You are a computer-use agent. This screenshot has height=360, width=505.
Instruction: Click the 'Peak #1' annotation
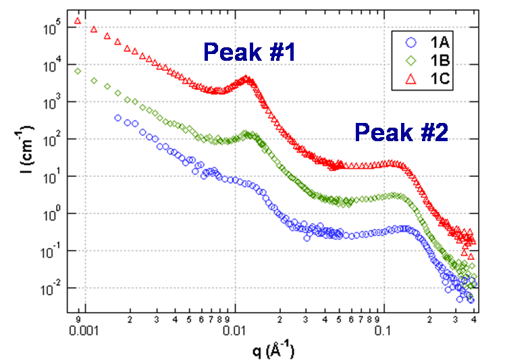(x=250, y=53)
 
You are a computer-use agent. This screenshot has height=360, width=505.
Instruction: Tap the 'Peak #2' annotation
(x=402, y=132)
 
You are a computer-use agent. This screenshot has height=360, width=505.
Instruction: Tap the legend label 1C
(x=435, y=82)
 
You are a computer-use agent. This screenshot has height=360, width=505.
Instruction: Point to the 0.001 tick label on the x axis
(x=84, y=331)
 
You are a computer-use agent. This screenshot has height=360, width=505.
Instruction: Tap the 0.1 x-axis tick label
(x=383, y=331)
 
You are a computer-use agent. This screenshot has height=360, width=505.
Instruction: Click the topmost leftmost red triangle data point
(x=78, y=20)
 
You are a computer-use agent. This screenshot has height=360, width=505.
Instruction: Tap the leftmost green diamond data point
(x=78, y=71)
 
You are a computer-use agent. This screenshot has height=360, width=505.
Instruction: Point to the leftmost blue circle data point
(x=117, y=118)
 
